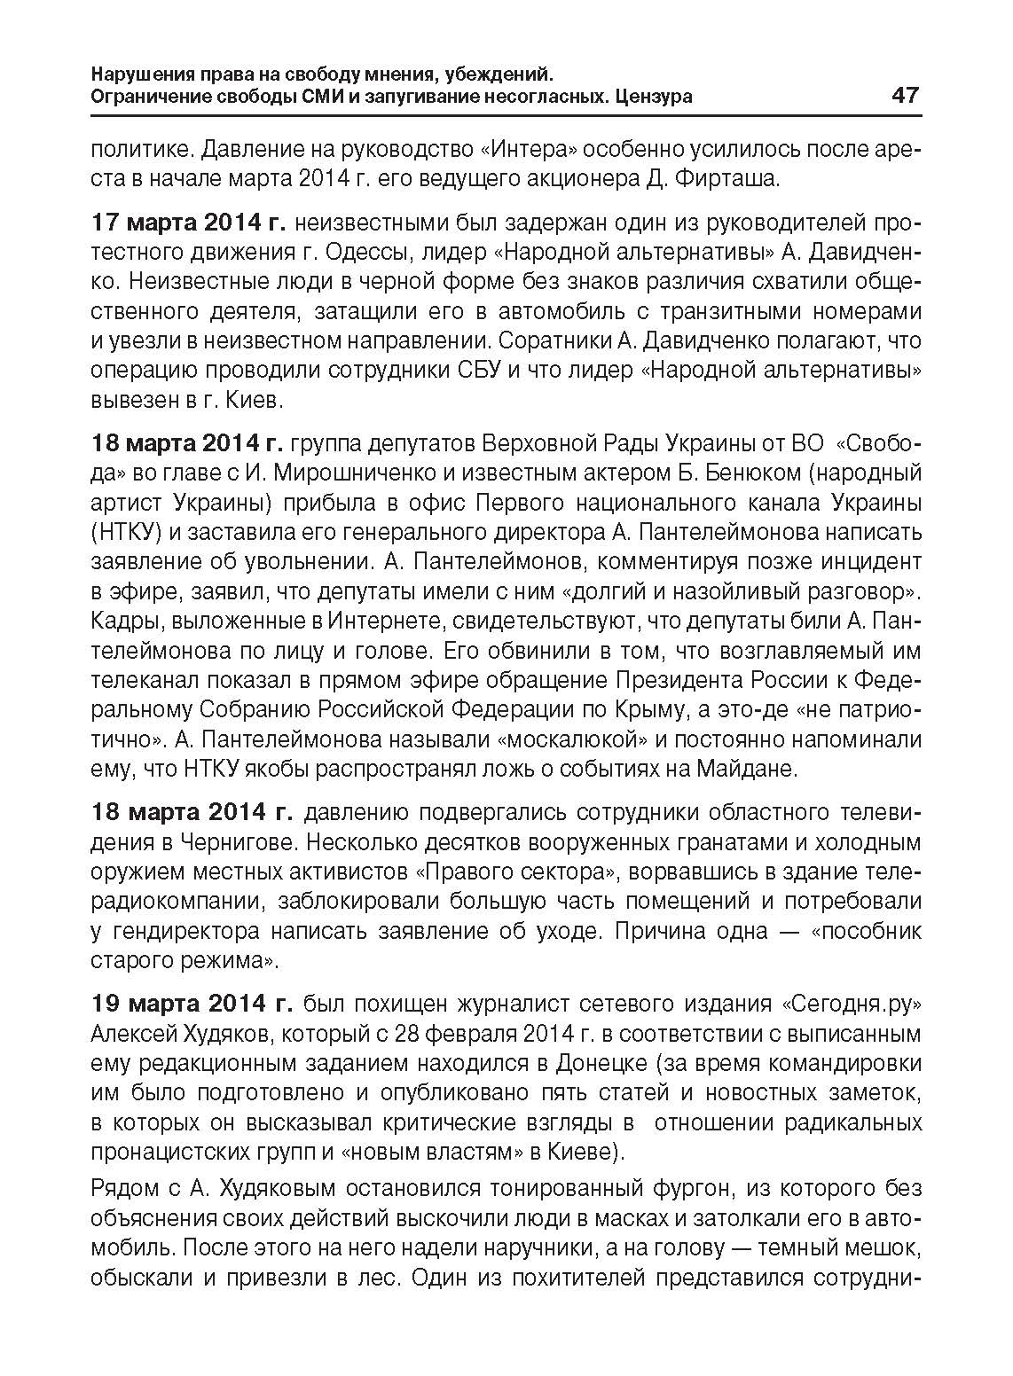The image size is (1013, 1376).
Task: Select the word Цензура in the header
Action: tap(656, 97)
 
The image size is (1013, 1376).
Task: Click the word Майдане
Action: tap(752, 769)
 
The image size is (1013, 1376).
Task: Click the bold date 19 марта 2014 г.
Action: tap(192, 1004)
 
